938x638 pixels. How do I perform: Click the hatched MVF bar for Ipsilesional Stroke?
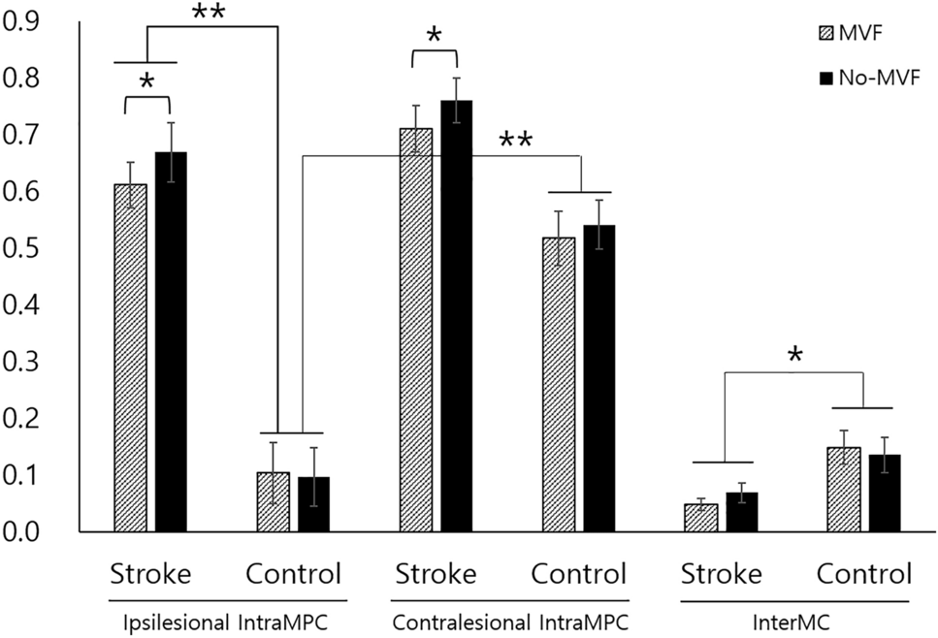(x=130, y=358)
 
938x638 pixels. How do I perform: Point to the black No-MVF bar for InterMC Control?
(x=885, y=494)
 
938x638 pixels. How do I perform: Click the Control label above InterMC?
(x=863, y=574)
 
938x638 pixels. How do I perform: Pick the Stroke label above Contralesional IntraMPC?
(x=436, y=574)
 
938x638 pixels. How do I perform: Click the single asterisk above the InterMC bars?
(x=794, y=356)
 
